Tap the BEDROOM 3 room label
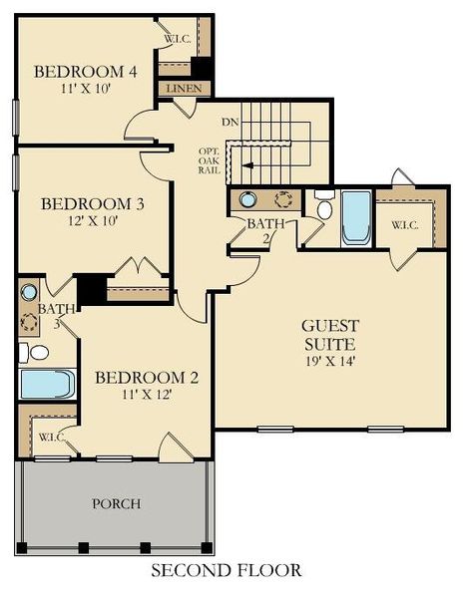[93, 204]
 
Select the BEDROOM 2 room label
[147, 378]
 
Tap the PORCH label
[117, 503]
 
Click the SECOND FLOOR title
[226, 571]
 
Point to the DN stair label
[230, 122]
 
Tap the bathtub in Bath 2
[356, 217]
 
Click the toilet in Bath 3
[33, 352]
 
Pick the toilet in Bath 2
[324, 206]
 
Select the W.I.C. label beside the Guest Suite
[405, 223]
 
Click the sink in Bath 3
[29, 292]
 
